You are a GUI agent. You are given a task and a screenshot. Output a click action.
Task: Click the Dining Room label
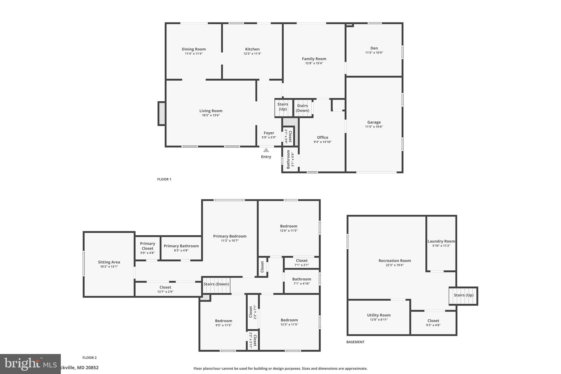pos(194,49)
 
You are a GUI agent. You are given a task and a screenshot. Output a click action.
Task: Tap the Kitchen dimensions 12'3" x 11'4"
pos(252,54)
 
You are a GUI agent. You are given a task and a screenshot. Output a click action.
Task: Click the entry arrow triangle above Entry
pos(266,150)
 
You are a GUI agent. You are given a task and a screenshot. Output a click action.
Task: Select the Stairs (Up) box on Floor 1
pos(283,107)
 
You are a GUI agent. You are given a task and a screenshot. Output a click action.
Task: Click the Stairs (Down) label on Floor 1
pos(302,108)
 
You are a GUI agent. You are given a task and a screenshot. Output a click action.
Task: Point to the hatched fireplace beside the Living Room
pos(162,113)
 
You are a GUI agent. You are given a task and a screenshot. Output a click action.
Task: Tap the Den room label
pos(374,48)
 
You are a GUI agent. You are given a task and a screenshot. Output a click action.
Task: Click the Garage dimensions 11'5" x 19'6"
pos(374,127)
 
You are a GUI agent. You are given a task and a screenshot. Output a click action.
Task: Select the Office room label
pos(322,138)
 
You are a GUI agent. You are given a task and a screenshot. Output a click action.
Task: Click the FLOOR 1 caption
pos(164,179)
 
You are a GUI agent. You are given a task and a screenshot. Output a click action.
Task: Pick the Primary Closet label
pos(147,246)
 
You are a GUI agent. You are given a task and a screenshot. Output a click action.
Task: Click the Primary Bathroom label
pos(181,246)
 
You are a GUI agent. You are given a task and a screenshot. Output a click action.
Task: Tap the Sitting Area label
pos(109,262)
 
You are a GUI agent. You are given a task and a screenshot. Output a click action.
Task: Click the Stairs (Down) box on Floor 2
pos(216,285)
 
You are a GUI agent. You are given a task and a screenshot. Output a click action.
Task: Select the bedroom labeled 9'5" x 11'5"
pos(223,323)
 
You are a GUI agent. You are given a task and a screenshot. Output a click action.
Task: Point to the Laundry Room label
pos(441,241)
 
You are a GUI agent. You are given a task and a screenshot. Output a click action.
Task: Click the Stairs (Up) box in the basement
pos(463,296)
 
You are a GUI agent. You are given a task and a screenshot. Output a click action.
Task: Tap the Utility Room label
pos(379,315)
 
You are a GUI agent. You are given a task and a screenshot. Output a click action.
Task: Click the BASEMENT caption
pos(355,342)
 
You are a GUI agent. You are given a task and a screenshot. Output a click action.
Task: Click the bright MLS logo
pos(30,364)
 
